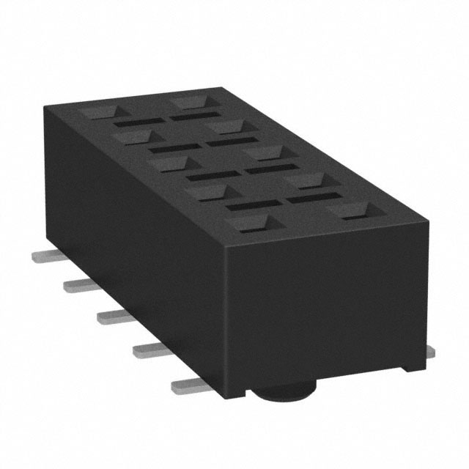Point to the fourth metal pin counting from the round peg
[77, 284]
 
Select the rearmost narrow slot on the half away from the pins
[193, 116]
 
